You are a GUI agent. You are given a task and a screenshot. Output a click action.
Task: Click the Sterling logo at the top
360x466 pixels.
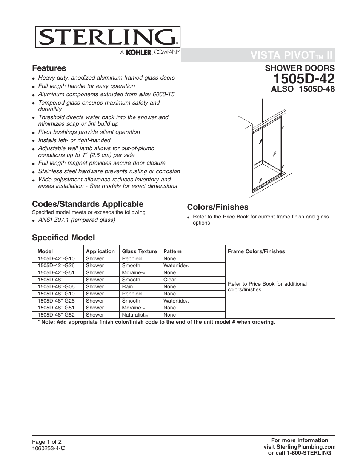pos(108,37)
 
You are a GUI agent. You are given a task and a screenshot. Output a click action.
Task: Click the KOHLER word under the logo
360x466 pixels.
pos(138,53)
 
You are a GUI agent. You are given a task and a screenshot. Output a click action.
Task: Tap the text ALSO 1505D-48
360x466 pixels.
pos(303,89)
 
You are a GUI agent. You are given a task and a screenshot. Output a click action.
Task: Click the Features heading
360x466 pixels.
pos(49,68)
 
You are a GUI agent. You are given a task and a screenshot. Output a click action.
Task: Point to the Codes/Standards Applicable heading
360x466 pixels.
pos(88,204)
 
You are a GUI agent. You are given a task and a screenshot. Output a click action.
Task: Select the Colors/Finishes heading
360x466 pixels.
pos(218,207)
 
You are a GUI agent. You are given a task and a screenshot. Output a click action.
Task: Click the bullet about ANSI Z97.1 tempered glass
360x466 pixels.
pos(77,220)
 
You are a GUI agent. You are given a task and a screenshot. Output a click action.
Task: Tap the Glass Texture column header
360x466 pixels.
pos(139,251)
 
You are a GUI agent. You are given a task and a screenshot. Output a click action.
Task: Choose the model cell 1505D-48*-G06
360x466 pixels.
pos(56,287)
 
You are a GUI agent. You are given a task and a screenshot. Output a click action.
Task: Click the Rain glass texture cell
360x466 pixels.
pos(128,287)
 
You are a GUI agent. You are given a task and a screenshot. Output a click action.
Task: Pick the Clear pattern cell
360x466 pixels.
pos(170,280)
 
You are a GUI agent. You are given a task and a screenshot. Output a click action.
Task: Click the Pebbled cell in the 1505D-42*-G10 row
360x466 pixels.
pos(132,259)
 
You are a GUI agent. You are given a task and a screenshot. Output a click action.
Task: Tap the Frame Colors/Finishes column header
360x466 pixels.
pos(256,251)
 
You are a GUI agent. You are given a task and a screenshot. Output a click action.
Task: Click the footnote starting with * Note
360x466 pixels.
pos(156,322)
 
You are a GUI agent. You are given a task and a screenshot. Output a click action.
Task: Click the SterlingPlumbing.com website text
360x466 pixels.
pos(299,446)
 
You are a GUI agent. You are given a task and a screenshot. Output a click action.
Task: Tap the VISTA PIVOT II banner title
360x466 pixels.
pos(291,56)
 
